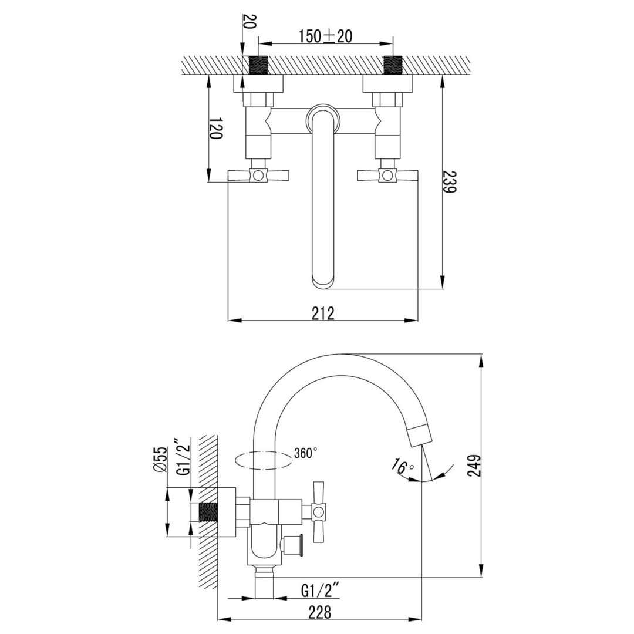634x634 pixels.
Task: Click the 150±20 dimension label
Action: click(x=325, y=36)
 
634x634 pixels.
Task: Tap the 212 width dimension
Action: click(x=323, y=313)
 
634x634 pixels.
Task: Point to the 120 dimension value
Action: click(x=216, y=129)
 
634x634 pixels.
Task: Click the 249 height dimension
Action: click(x=473, y=466)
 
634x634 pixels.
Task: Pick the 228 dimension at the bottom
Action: click(x=319, y=612)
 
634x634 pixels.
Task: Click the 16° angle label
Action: click(x=402, y=467)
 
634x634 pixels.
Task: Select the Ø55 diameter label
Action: click(x=160, y=459)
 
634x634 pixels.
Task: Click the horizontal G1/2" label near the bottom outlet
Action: click(x=322, y=592)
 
